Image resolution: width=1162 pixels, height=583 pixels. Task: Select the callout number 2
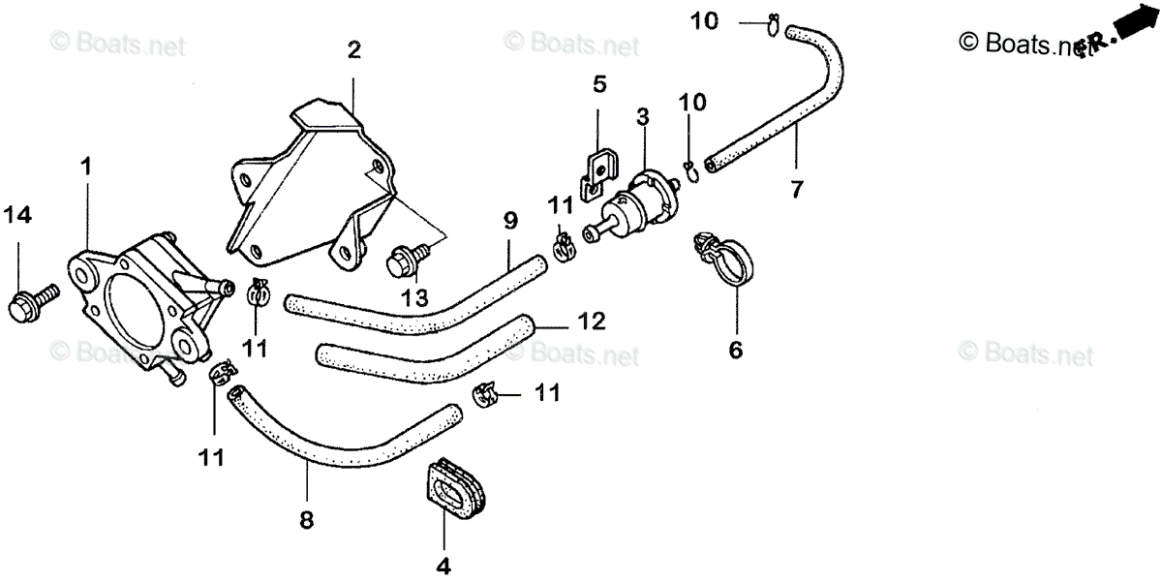[353, 50]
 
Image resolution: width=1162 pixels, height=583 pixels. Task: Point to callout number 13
[413, 300]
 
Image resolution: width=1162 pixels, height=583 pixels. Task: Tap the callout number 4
[443, 565]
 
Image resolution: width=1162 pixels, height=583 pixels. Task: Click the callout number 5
[599, 85]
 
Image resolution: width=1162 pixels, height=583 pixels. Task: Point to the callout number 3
[642, 117]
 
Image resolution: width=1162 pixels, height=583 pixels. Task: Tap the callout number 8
[306, 520]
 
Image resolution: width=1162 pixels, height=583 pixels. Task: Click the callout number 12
[592, 321]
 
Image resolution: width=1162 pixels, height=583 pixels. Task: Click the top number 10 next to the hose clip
[704, 19]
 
